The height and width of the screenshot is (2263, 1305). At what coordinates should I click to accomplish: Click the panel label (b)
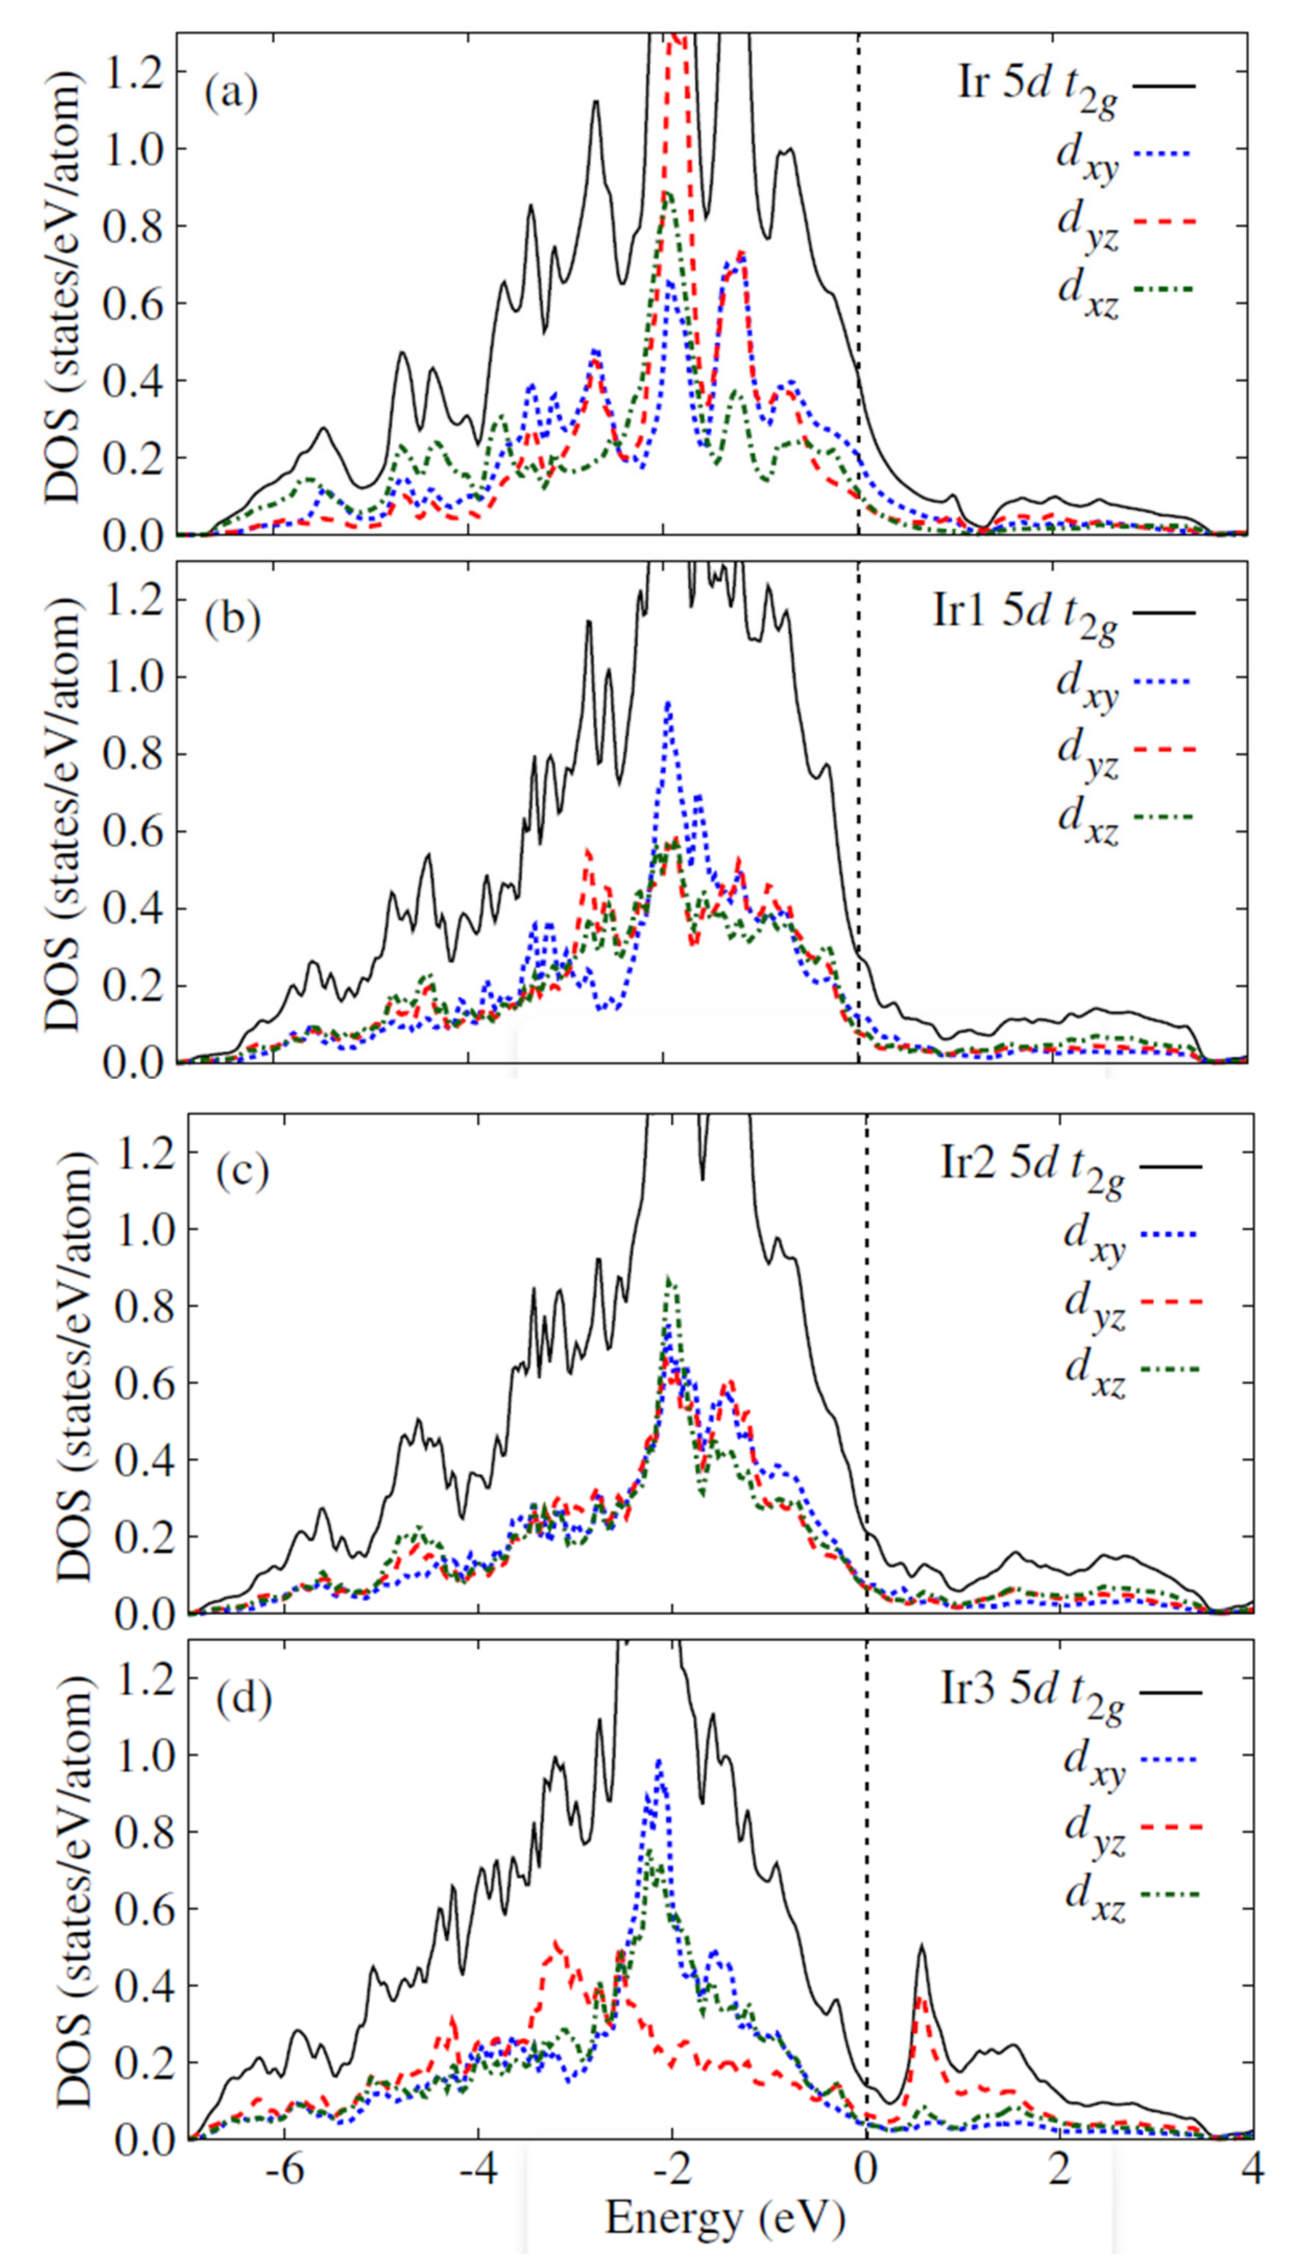[x=231, y=619]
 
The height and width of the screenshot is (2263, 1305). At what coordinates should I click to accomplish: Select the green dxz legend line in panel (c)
[x=1170, y=1370]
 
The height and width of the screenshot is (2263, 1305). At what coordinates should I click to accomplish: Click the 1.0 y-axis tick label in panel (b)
[x=132, y=676]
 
